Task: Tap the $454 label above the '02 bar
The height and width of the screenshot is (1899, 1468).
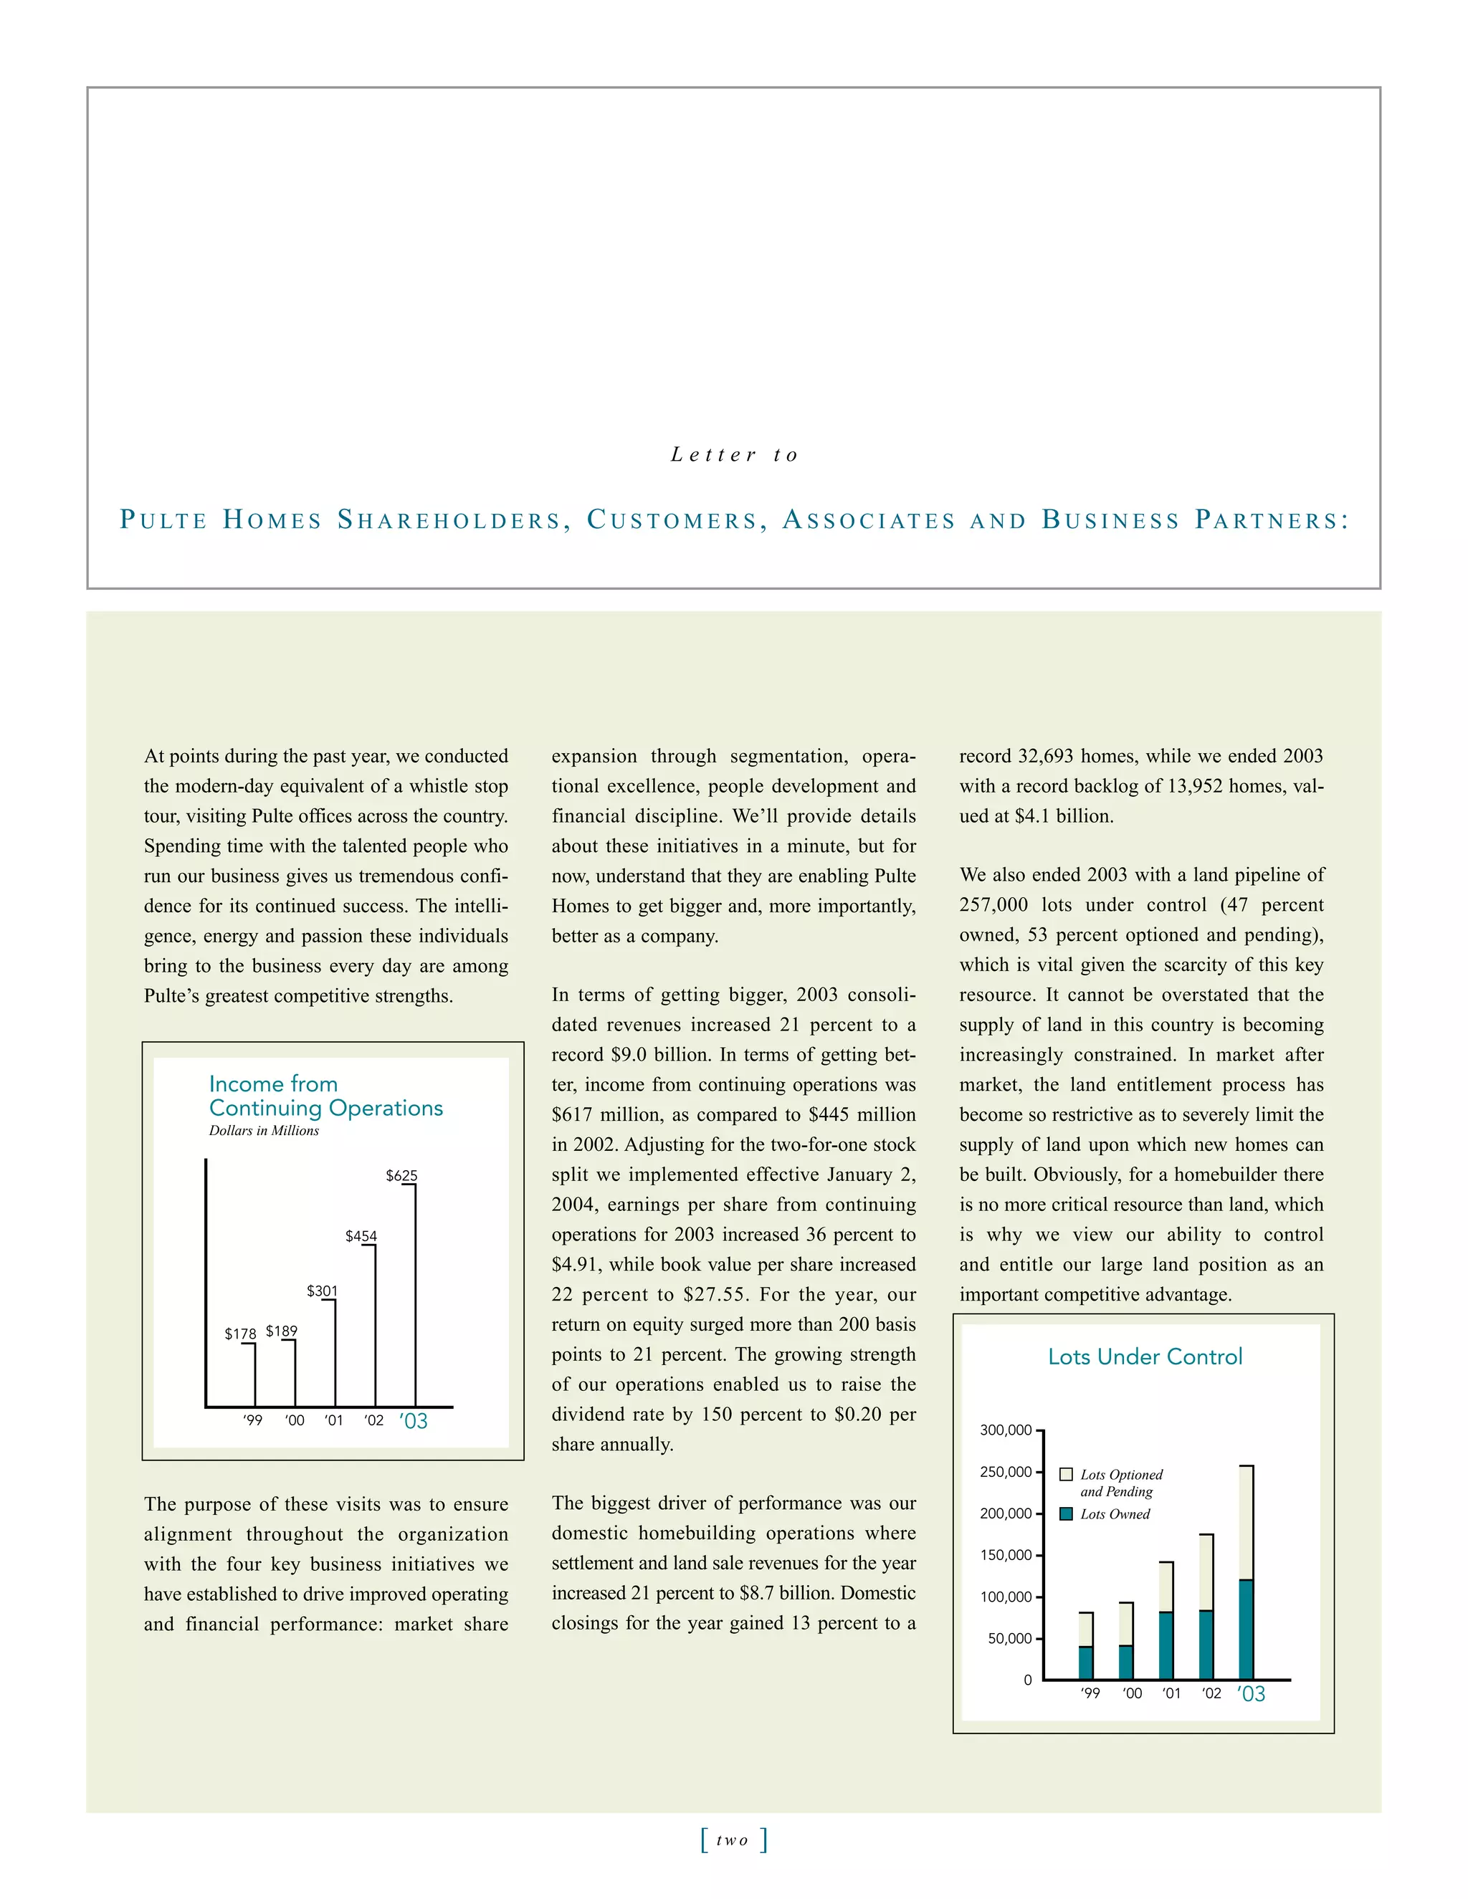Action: click(361, 1235)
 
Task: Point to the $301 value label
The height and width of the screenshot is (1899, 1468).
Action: click(322, 1291)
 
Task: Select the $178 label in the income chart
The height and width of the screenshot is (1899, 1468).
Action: click(240, 1334)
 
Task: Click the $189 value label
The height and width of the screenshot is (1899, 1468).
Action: click(281, 1331)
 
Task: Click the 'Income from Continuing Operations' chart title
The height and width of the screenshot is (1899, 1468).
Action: click(325, 1096)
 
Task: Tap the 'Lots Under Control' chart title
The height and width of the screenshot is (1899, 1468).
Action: click(1145, 1357)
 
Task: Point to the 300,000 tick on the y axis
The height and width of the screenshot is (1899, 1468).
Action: click(1006, 1430)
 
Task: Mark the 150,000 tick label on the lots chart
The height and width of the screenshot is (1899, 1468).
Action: click(1006, 1555)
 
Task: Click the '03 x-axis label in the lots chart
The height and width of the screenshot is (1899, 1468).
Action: click(1251, 1694)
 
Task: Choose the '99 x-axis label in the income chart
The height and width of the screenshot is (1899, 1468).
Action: click(252, 1421)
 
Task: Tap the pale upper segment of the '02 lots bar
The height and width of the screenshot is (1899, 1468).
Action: click(1206, 1572)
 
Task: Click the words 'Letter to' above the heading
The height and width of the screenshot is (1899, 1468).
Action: click(734, 455)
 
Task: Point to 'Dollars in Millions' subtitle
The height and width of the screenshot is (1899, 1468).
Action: click(264, 1130)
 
